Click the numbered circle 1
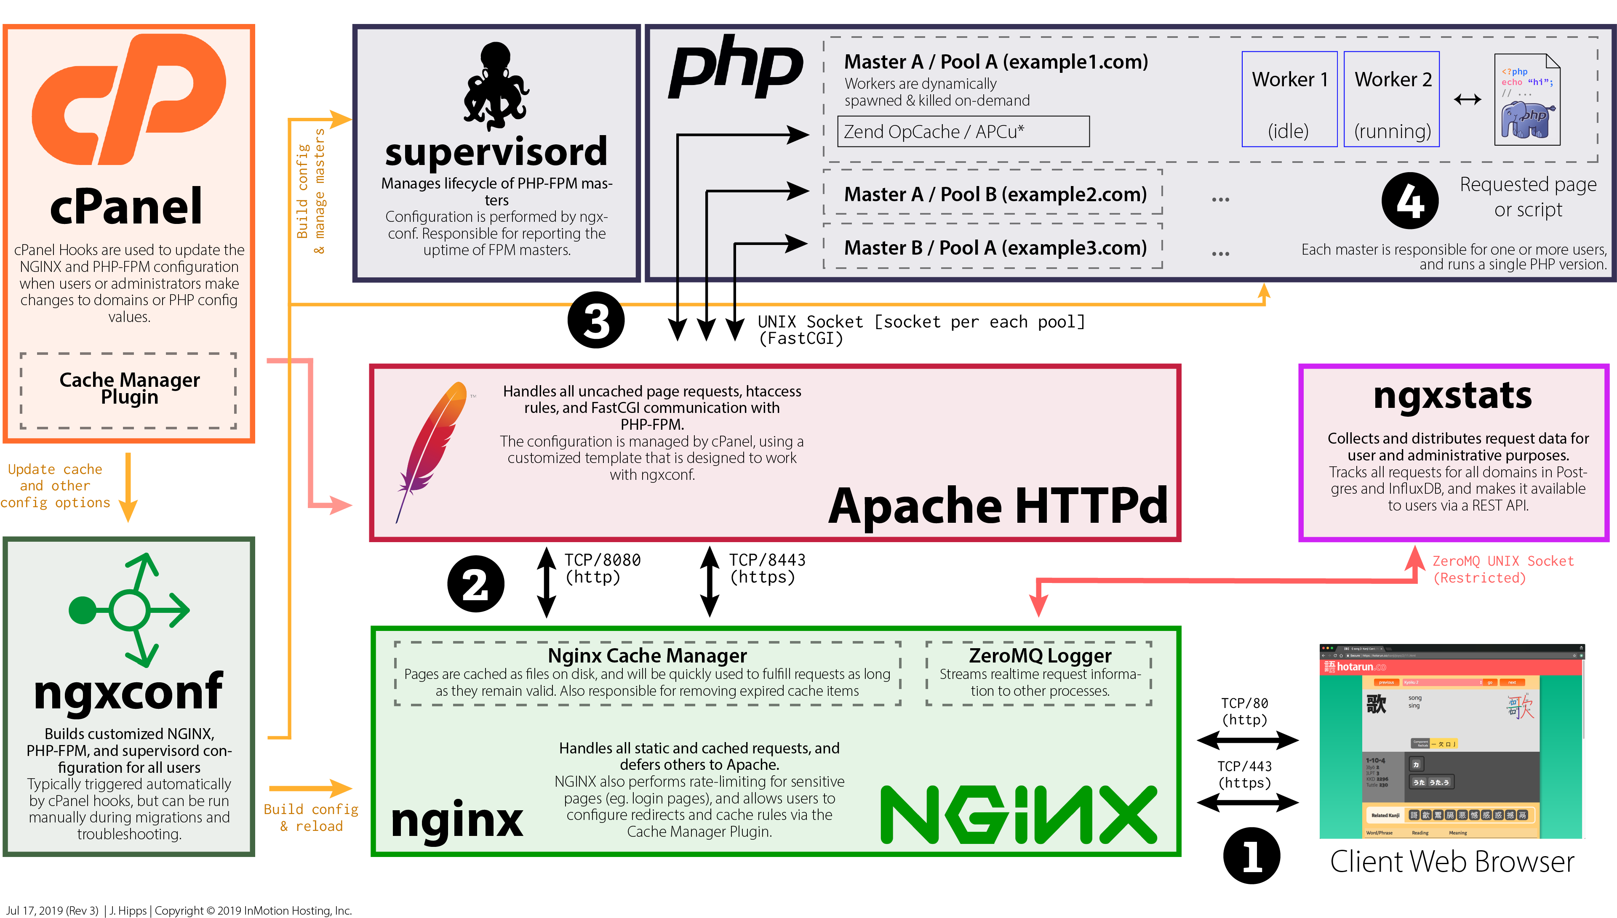click(x=1251, y=856)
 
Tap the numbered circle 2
click(x=475, y=584)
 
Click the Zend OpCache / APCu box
click(x=963, y=132)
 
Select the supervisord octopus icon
click(x=496, y=85)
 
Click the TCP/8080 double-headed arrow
click(x=546, y=581)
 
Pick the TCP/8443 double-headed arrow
click(x=710, y=581)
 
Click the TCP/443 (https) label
click(x=1244, y=774)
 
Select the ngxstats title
click(x=1452, y=396)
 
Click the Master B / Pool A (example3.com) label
click(x=995, y=248)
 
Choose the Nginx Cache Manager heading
click(x=647, y=656)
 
